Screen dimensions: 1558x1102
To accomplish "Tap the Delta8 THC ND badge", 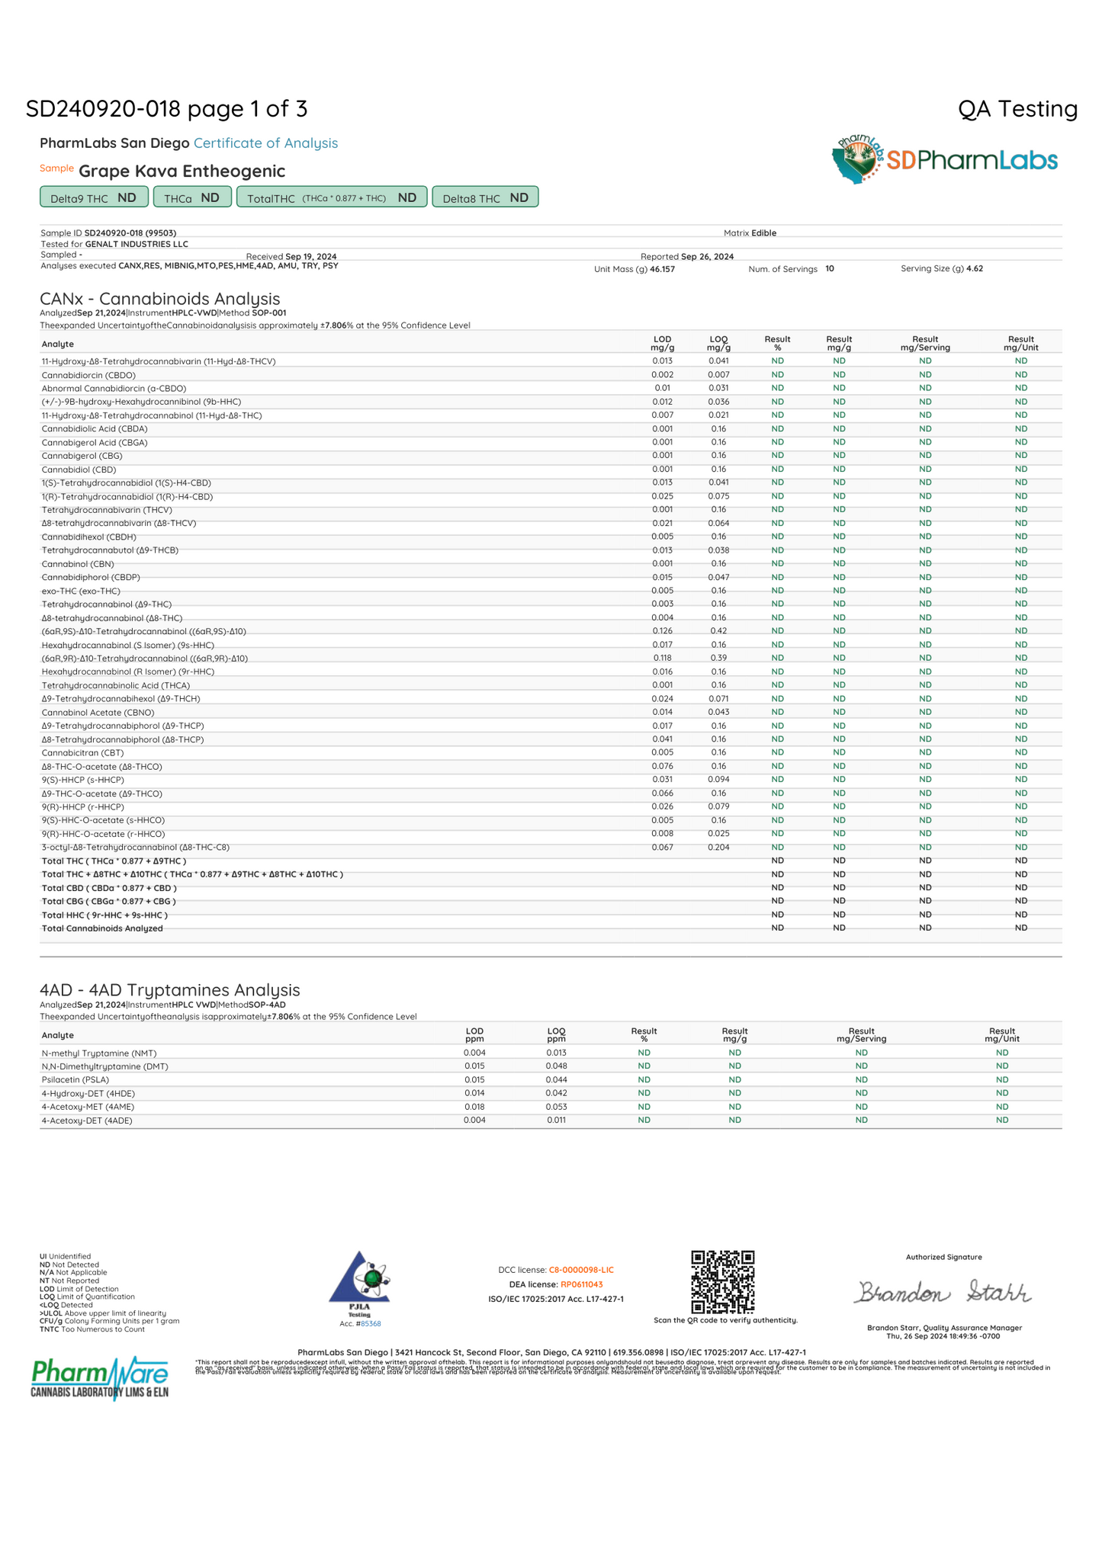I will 485,197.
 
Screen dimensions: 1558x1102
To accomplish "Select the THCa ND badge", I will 191,197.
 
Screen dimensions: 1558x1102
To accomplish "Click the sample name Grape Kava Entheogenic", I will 182,171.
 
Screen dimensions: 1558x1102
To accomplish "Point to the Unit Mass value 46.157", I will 662,269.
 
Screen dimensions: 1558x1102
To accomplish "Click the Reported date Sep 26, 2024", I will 707,257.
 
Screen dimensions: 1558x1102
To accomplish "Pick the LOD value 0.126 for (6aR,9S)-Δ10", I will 662,631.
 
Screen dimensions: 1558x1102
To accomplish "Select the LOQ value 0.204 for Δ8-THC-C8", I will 718,848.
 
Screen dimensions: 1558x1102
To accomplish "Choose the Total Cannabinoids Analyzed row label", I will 102,928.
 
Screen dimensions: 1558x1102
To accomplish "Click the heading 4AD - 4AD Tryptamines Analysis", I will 169,989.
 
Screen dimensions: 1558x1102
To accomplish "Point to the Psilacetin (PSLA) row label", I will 76,1080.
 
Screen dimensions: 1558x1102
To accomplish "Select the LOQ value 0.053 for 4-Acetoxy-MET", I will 556,1107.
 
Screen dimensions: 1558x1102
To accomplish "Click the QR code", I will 722,1281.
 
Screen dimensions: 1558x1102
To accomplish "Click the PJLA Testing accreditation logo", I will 359,1281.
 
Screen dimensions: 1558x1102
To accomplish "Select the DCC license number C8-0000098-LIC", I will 581,1270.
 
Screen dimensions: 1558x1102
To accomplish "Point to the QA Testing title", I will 1017,109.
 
